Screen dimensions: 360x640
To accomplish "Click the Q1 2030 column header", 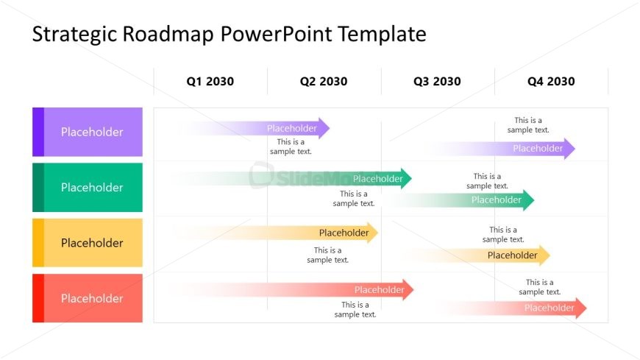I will click(210, 82).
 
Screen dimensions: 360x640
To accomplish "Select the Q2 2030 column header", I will click(324, 82).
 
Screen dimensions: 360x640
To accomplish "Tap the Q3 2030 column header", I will click(437, 82).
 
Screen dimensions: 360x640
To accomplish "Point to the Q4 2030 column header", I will click(551, 82).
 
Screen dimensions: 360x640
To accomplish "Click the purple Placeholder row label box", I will click(88, 133).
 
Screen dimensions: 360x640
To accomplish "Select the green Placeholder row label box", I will click(88, 188).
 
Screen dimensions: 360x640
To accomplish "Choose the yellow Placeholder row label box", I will click(88, 243).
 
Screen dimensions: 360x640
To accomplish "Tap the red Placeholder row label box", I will click(88, 298).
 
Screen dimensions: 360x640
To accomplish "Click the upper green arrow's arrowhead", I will click(407, 178).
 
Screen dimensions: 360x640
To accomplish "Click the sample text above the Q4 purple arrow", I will click(528, 125).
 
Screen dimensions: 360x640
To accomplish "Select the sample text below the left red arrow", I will click(355, 310).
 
